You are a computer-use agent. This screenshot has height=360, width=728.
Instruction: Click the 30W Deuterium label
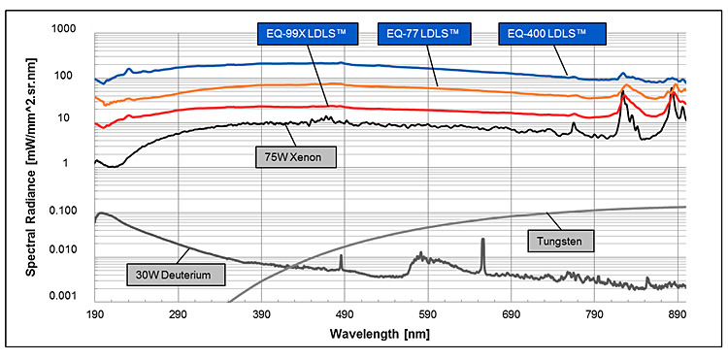pos(176,276)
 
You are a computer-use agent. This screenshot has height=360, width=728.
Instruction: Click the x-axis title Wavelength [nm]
pos(390,335)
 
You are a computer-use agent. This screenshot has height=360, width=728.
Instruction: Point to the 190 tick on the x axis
pos(95,316)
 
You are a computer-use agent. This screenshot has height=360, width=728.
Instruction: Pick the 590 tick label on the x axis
pos(428,316)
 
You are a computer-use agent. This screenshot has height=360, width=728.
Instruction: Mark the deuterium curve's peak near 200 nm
pos(101,213)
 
